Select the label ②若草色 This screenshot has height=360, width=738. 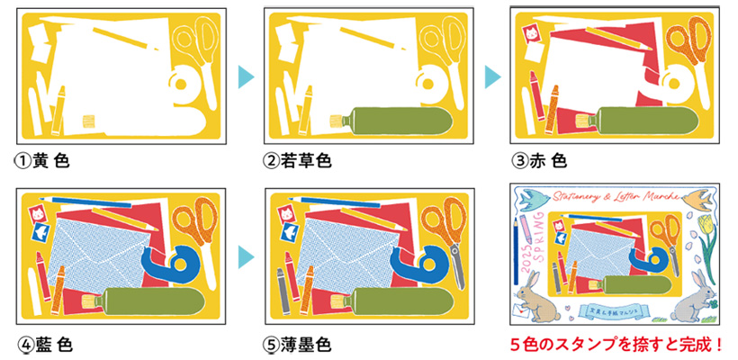point(298,162)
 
